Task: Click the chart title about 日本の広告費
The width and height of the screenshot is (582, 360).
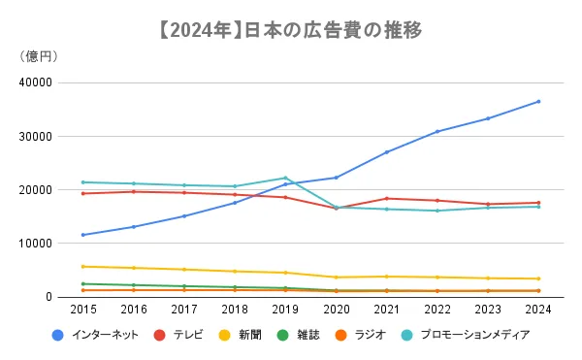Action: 290,30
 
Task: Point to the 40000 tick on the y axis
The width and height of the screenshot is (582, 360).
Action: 36,82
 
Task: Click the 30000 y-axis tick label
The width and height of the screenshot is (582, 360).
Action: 36,136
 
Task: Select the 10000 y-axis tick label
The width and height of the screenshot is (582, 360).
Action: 36,244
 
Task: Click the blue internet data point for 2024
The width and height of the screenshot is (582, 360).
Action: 538,101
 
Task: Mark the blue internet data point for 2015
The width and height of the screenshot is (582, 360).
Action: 83,235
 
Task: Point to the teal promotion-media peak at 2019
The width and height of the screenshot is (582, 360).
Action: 285,178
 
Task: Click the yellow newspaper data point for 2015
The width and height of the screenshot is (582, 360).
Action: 83,266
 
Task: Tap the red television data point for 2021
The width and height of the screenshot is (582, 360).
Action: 386,198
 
